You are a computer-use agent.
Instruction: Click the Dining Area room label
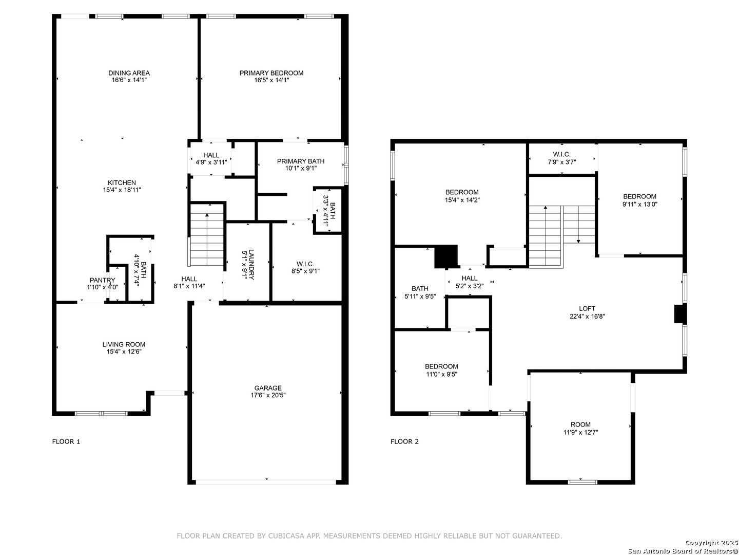coord(129,73)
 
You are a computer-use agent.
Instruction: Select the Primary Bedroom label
coord(271,73)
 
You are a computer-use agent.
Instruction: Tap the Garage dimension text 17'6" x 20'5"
coord(268,395)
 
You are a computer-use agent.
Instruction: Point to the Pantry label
coord(102,280)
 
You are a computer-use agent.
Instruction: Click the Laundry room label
coord(251,265)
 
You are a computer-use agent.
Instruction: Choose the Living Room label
coord(124,344)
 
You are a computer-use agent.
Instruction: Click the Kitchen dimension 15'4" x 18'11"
coord(122,190)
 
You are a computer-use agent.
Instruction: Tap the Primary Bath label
coord(301,161)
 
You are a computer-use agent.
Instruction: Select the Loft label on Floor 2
coord(587,309)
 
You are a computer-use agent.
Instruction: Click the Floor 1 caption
coord(66,442)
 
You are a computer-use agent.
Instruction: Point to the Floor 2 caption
coord(404,442)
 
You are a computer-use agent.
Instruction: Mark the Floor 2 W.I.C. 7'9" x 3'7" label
coord(562,158)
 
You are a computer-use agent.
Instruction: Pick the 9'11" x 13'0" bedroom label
coord(639,200)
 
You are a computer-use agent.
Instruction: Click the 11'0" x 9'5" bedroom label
coord(441,370)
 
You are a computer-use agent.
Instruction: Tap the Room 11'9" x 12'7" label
coord(580,428)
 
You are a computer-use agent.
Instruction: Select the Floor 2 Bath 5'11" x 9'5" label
coord(420,292)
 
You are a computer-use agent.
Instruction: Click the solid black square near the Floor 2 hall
coord(446,257)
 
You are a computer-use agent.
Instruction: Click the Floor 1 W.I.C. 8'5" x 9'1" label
coord(305,267)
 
